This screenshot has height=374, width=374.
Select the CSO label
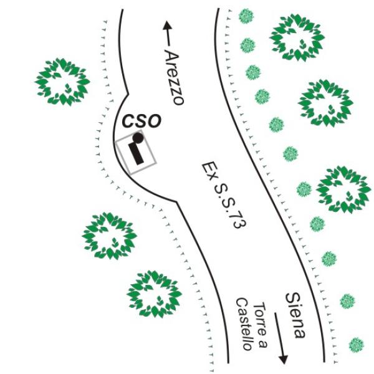[x=141, y=121]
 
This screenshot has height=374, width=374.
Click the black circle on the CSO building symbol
[x=138, y=137]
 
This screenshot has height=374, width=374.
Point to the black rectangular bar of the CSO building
[x=137, y=153]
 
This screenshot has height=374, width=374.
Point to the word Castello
[x=244, y=324]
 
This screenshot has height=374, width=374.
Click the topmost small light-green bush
[x=247, y=16]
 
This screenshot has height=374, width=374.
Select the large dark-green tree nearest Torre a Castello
[x=154, y=294]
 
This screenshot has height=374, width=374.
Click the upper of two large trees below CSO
[x=109, y=236]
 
